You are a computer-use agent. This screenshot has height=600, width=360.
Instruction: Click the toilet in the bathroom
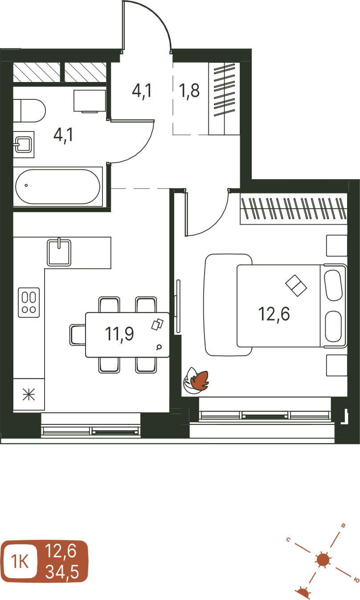29,111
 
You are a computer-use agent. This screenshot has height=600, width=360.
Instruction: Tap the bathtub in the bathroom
58,187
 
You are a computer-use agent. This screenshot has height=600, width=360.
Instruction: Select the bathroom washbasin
24,144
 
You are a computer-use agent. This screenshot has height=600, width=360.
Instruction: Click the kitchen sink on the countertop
59,253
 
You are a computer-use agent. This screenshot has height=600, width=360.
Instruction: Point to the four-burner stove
29,302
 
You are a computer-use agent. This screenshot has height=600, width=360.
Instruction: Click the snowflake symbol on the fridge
29,395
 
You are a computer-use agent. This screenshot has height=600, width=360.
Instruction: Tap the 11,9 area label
119,334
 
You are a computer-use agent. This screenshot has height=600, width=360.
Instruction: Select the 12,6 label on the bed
274,314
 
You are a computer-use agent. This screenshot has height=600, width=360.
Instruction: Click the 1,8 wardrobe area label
189,90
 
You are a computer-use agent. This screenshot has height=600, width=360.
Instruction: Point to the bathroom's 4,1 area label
63,135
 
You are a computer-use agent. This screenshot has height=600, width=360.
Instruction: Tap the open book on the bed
296,286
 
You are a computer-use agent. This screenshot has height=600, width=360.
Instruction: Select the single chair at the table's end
78,335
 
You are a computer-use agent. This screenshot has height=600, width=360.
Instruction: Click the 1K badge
20,561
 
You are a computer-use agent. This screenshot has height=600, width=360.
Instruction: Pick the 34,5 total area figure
62,571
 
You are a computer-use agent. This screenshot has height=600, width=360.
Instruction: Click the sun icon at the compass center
323,560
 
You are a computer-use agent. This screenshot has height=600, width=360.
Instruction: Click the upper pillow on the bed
333,285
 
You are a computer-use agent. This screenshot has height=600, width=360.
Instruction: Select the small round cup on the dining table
159,347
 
